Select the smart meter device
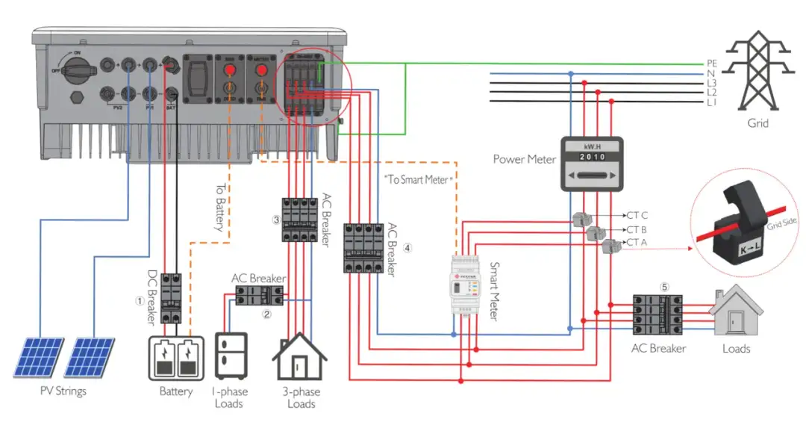coord(463,288)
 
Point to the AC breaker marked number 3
coord(299,220)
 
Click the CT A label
coord(637,242)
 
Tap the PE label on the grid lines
coord(711,63)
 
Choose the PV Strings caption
coord(63,391)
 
